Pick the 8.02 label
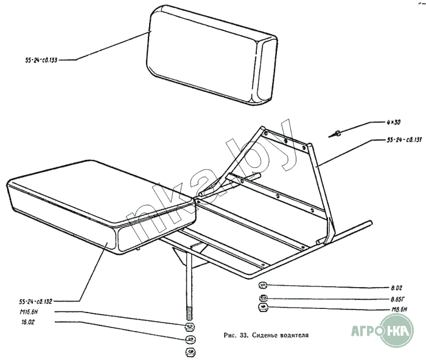point(398,286)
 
